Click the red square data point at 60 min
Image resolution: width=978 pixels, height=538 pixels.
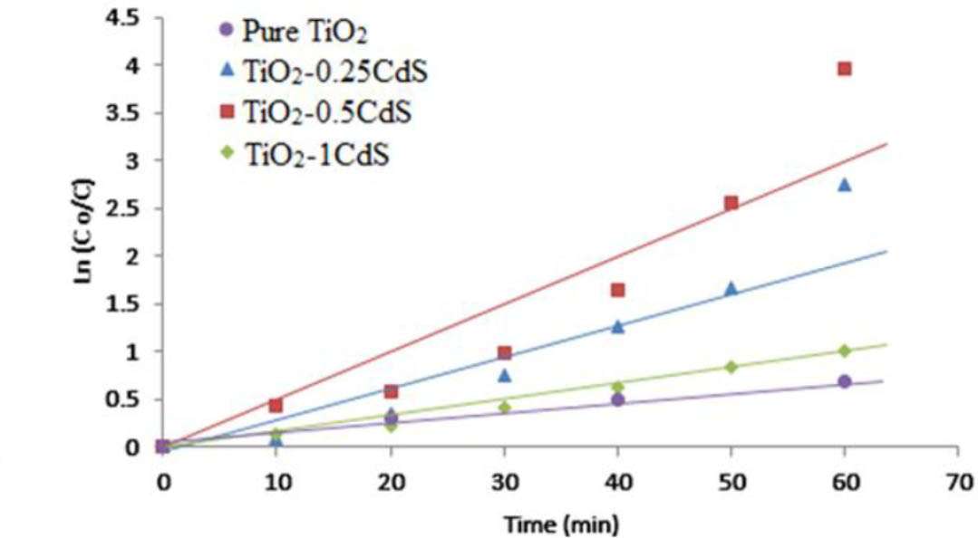[x=845, y=69]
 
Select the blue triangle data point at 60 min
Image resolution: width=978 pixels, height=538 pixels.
[x=845, y=184]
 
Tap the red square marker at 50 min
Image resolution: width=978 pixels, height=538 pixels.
[x=731, y=203]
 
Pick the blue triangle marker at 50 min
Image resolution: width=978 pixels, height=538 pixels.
[x=731, y=288]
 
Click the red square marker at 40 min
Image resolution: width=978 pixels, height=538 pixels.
[x=617, y=290]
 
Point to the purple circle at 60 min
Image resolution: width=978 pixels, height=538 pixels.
[x=845, y=381]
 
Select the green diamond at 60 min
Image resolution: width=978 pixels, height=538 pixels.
[x=845, y=351]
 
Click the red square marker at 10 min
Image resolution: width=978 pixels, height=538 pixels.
[x=276, y=405]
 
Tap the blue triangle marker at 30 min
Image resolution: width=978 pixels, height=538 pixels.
[x=504, y=375]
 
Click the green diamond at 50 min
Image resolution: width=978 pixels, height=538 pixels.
[x=731, y=367]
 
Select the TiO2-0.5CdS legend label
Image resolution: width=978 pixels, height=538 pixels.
[x=326, y=114]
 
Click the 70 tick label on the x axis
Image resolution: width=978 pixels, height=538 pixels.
[x=959, y=480]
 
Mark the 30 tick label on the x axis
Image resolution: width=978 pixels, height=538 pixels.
[x=504, y=480]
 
